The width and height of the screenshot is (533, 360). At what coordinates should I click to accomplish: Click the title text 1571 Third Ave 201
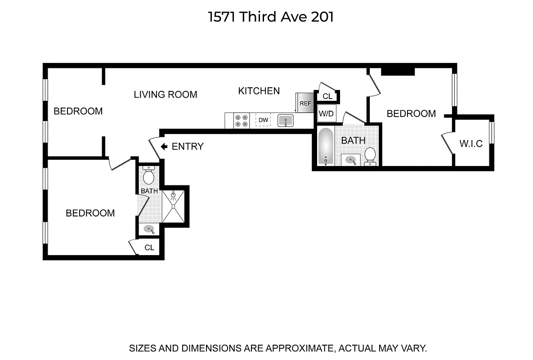pyautogui.click(x=271, y=17)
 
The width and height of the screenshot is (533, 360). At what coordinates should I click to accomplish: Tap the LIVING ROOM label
pyautogui.click(x=166, y=94)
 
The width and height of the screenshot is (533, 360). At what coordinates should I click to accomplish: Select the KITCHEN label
pyautogui.click(x=259, y=91)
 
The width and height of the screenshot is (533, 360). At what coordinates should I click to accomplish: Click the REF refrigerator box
pyautogui.click(x=305, y=103)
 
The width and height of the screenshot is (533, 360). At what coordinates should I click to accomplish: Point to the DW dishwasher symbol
pyautogui.click(x=263, y=120)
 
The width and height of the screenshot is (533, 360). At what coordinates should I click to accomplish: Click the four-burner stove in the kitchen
pyautogui.click(x=242, y=121)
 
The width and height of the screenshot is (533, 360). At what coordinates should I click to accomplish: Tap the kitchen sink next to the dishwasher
pyautogui.click(x=286, y=121)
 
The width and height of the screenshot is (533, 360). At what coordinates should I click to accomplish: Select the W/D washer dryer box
pyautogui.click(x=326, y=114)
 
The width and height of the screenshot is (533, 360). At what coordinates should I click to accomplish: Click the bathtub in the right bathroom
pyautogui.click(x=325, y=147)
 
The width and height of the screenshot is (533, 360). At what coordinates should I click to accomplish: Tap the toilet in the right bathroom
pyautogui.click(x=370, y=155)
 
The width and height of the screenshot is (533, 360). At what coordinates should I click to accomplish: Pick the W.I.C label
pyautogui.click(x=471, y=144)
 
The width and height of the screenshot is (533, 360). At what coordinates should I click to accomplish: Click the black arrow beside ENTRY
pyautogui.click(x=164, y=146)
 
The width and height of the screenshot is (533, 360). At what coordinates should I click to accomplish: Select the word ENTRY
pyautogui.click(x=188, y=146)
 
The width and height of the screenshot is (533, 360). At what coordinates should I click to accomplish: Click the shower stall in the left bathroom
pyautogui.click(x=173, y=207)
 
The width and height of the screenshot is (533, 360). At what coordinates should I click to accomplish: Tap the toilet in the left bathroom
pyautogui.click(x=148, y=175)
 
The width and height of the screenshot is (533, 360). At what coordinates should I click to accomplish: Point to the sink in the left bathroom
pyautogui.click(x=149, y=229)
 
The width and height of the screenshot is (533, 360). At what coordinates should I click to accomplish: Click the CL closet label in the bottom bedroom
pyautogui.click(x=149, y=247)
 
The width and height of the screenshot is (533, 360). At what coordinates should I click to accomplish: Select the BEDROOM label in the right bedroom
pyautogui.click(x=411, y=114)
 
